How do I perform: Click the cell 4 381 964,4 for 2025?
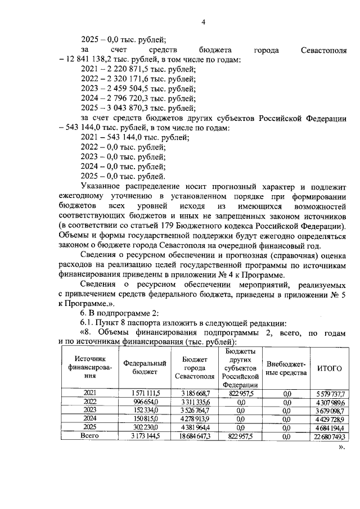point(195,427)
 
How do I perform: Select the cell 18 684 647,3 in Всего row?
point(195,436)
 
